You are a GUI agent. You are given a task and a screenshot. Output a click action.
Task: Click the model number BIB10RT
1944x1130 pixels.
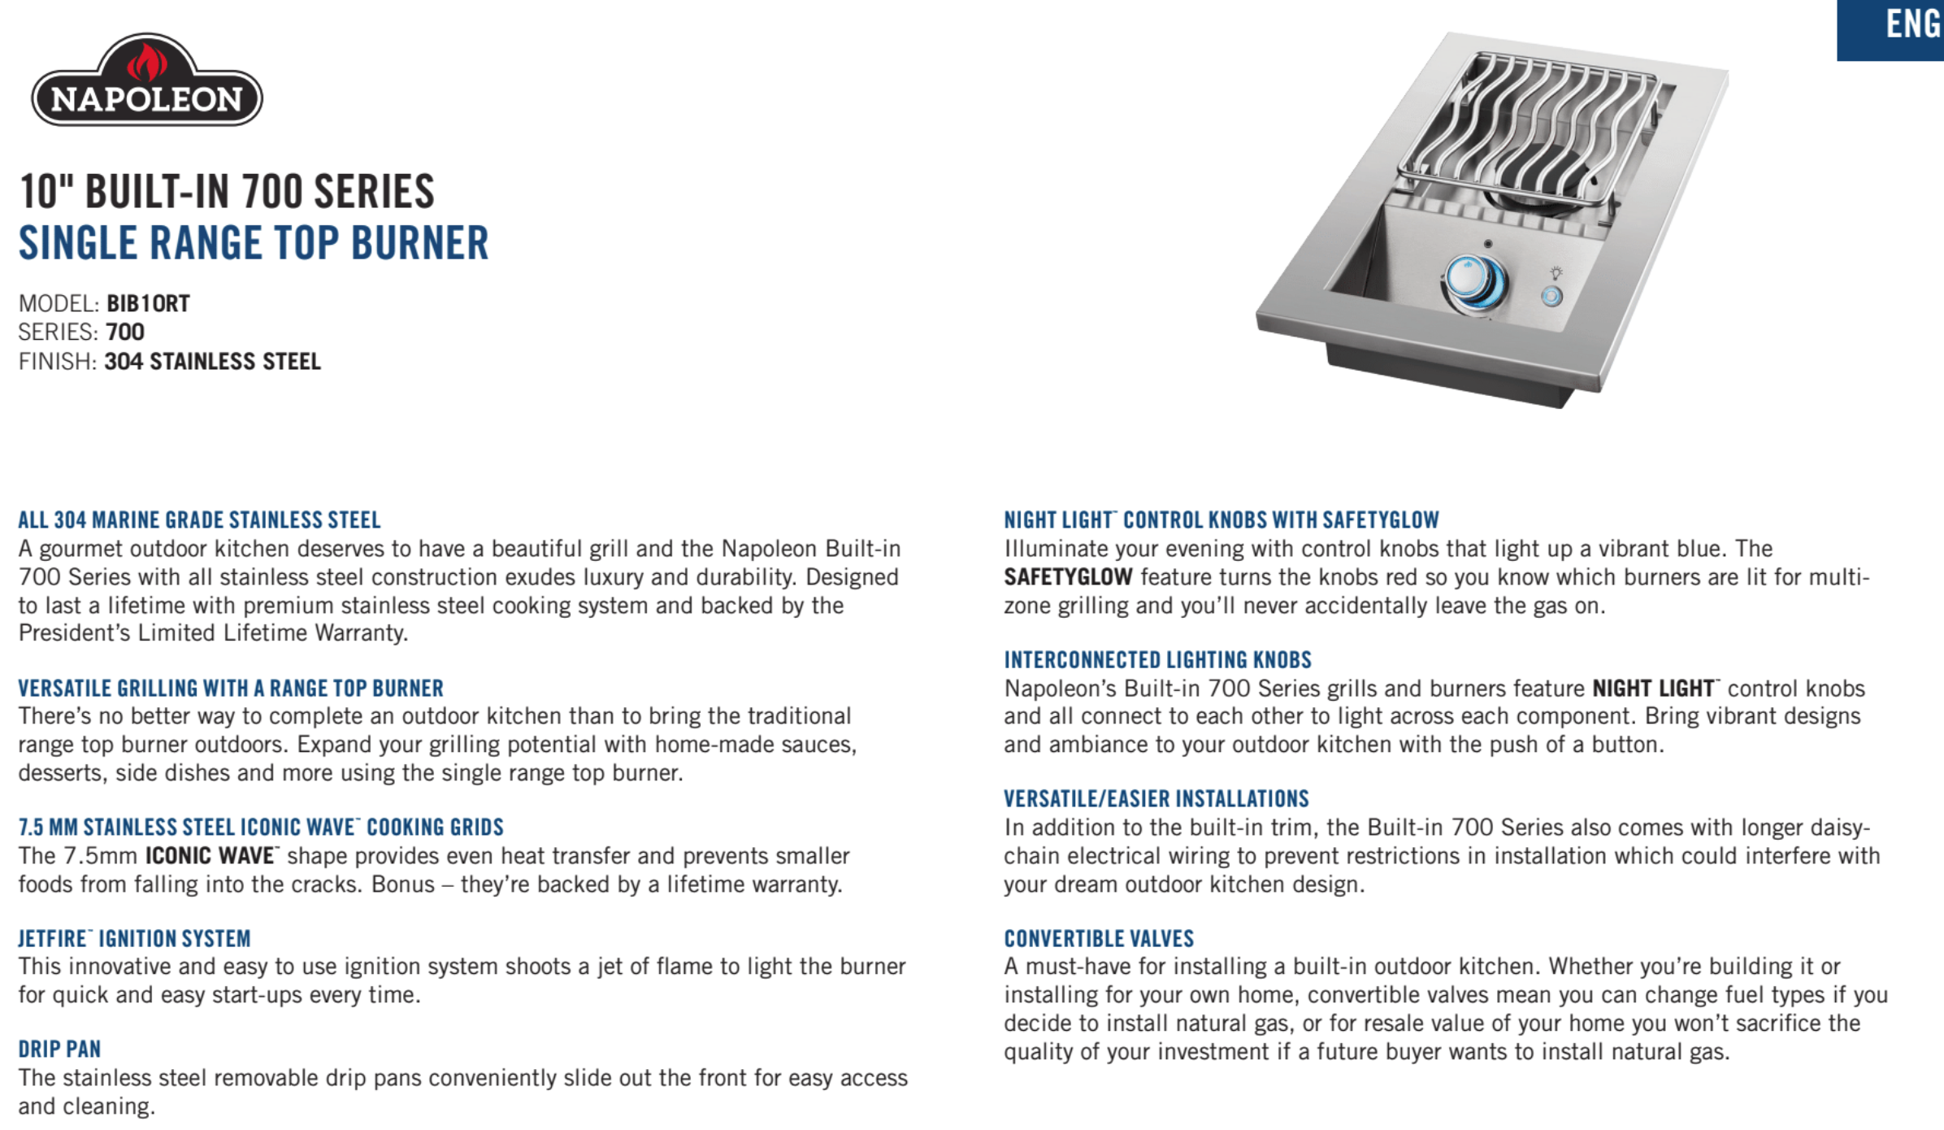pyautogui.click(x=148, y=304)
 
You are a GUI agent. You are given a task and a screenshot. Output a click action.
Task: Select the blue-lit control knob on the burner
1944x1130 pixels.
pyautogui.click(x=1471, y=280)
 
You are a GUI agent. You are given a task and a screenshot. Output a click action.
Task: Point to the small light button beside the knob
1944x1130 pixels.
pyautogui.click(x=1551, y=296)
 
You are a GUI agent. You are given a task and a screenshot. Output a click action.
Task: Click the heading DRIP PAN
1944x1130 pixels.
pyautogui.click(x=59, y=1050)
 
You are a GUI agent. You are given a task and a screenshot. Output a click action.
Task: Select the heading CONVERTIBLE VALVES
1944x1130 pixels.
pyautogui.click(x=1099, y=939)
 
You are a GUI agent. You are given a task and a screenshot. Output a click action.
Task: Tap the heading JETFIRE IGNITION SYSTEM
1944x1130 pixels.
pyautogui.click(x=134, y=939)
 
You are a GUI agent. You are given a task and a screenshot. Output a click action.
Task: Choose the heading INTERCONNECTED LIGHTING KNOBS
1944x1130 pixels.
pyautogui.click(x=1157, y=660)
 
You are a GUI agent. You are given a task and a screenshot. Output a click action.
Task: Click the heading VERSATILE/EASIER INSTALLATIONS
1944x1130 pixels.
pyautogui.click(x=1156, y=799)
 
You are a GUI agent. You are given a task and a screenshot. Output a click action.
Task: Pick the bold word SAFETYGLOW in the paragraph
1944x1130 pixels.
pyautogui.click(x=1068, y=577)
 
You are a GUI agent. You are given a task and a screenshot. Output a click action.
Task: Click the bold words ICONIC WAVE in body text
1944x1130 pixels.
pyautogui.click(x=210, y=856)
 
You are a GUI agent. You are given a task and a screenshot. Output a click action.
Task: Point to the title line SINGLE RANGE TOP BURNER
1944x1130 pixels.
pyautogui.click(x=254, y=243)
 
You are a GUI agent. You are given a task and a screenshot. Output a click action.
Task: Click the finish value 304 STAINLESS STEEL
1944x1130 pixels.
pyautogui.click(x=212, y=362)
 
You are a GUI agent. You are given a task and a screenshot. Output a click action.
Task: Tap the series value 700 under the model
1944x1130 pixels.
pyautogui.click(x=125, y=332)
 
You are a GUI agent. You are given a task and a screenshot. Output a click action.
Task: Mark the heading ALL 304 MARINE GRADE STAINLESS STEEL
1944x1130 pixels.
pyautogui.click(x=199, y=520)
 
